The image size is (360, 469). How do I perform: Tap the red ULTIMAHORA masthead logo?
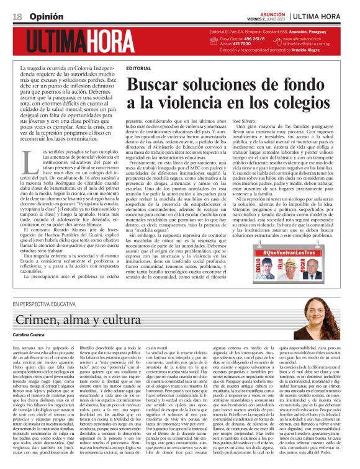(84, 39)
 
